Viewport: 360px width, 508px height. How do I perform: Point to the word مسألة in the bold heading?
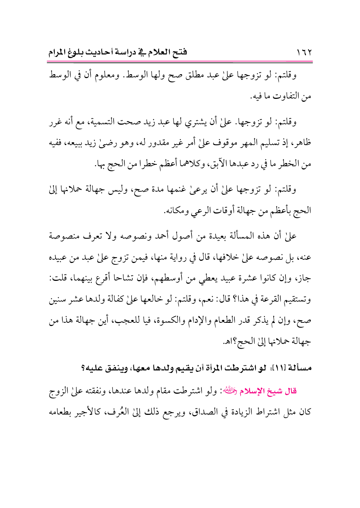(x=300, y=368)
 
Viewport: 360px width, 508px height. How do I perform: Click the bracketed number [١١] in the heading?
(x=278, y=368)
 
